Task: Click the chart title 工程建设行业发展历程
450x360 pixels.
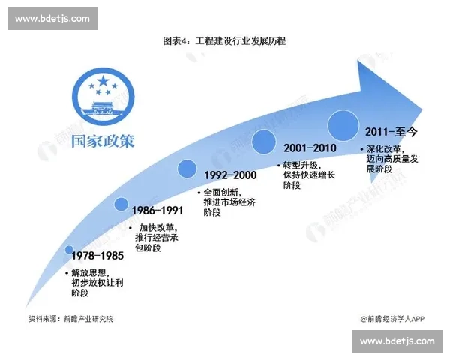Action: (x=224, y=40)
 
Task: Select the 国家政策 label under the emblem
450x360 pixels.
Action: (x=103, y=140)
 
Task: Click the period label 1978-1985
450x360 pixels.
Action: (x=92, y=256)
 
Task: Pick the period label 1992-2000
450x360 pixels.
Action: (x=230, y=175)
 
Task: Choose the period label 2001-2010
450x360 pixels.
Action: (x=309, y=148)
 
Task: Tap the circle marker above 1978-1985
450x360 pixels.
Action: (x=70, y=250)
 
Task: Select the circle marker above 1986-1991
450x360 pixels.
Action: (x=122, y=204)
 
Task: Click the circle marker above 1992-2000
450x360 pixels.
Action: (x=186, y=169)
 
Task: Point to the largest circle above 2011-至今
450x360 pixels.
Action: (x=343, y=124)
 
